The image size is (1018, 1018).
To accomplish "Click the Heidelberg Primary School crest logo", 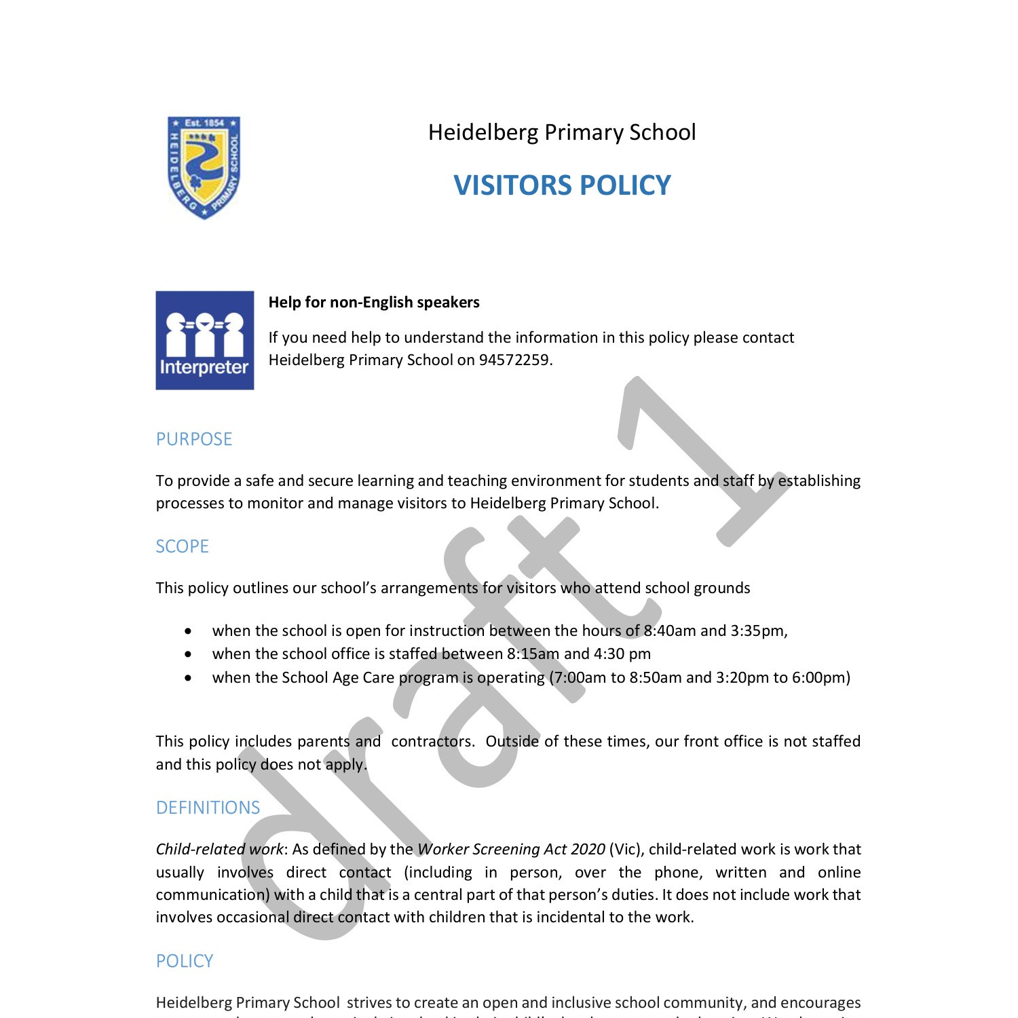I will click(204, 168).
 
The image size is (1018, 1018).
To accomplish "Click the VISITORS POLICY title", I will click(562, 185).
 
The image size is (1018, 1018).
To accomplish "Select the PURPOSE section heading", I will click(194, 439).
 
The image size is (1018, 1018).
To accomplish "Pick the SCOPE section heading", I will click(182, 546).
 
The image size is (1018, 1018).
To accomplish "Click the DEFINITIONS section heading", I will click(208, 808).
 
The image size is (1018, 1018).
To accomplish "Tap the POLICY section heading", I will click(185, 961).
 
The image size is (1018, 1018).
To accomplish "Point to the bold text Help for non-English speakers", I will click(374, 303).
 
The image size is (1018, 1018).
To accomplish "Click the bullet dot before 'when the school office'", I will click(188, 654).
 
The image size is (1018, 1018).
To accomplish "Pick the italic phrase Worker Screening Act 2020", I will click(511, 849).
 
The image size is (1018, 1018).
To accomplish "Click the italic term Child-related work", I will click(219, 849).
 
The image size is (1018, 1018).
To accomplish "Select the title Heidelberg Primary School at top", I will click(562, 132).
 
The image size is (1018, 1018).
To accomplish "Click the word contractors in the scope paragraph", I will click(432, 741).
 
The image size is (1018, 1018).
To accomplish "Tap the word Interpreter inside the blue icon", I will click(204, 367).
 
